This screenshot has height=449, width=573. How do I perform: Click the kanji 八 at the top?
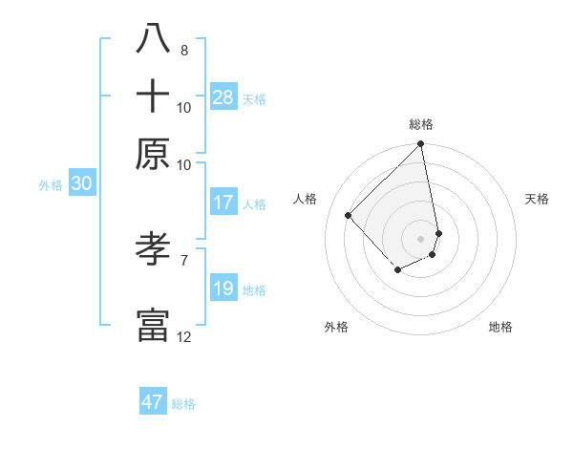[x=153, y=39]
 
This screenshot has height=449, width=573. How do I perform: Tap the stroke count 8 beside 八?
[x=183, y=50]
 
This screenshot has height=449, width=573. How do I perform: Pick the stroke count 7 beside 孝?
[x=183, y=259]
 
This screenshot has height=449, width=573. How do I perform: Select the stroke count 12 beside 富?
[x=183, y=336]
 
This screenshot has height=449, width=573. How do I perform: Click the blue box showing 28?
[x=223, y=96]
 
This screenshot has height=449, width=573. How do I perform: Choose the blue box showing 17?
[x=223, y=203]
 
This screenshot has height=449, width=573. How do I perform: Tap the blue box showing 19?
[x=223, y=289]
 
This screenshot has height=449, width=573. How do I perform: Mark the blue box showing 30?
[x=81, y=184]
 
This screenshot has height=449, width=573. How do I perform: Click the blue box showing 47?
[x=153, y=401]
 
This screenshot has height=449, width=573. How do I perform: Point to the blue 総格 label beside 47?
[x=183, y=404]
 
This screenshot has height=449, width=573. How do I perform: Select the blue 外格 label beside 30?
[x=51, y=186]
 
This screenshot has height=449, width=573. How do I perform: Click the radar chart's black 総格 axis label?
[x=421, y=124]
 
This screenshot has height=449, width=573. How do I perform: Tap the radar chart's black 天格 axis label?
[x=538, y=199]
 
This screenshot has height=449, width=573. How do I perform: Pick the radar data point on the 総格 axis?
[x=421, y=145]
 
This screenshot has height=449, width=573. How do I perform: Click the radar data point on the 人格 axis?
[x=349, y=215]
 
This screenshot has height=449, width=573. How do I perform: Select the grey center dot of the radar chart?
[x=421, y=238]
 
